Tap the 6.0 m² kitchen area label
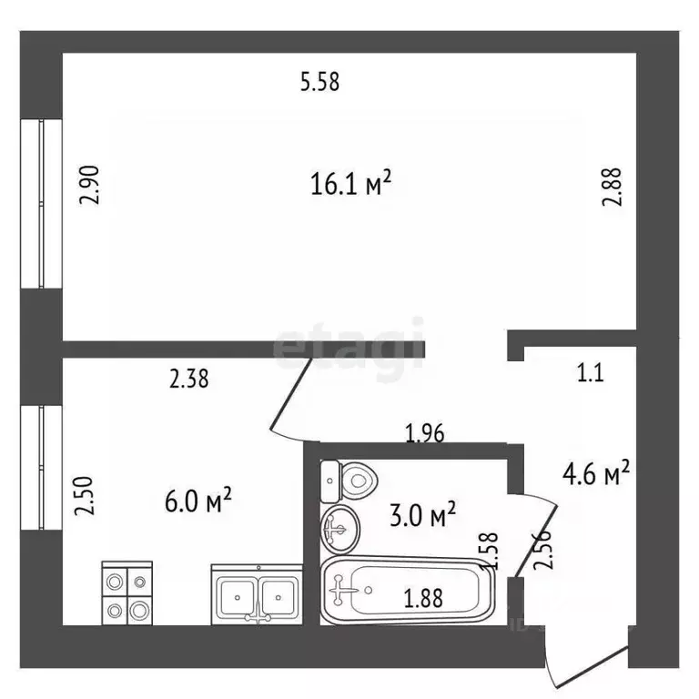coord(195,501)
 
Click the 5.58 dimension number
coord(319,83)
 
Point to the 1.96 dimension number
coord(424,433)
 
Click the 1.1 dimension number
coord(591,372)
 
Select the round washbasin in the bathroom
coord(340,527)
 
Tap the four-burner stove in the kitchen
coord(126,593)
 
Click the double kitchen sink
coord(256,595)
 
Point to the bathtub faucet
coord(342,593)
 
